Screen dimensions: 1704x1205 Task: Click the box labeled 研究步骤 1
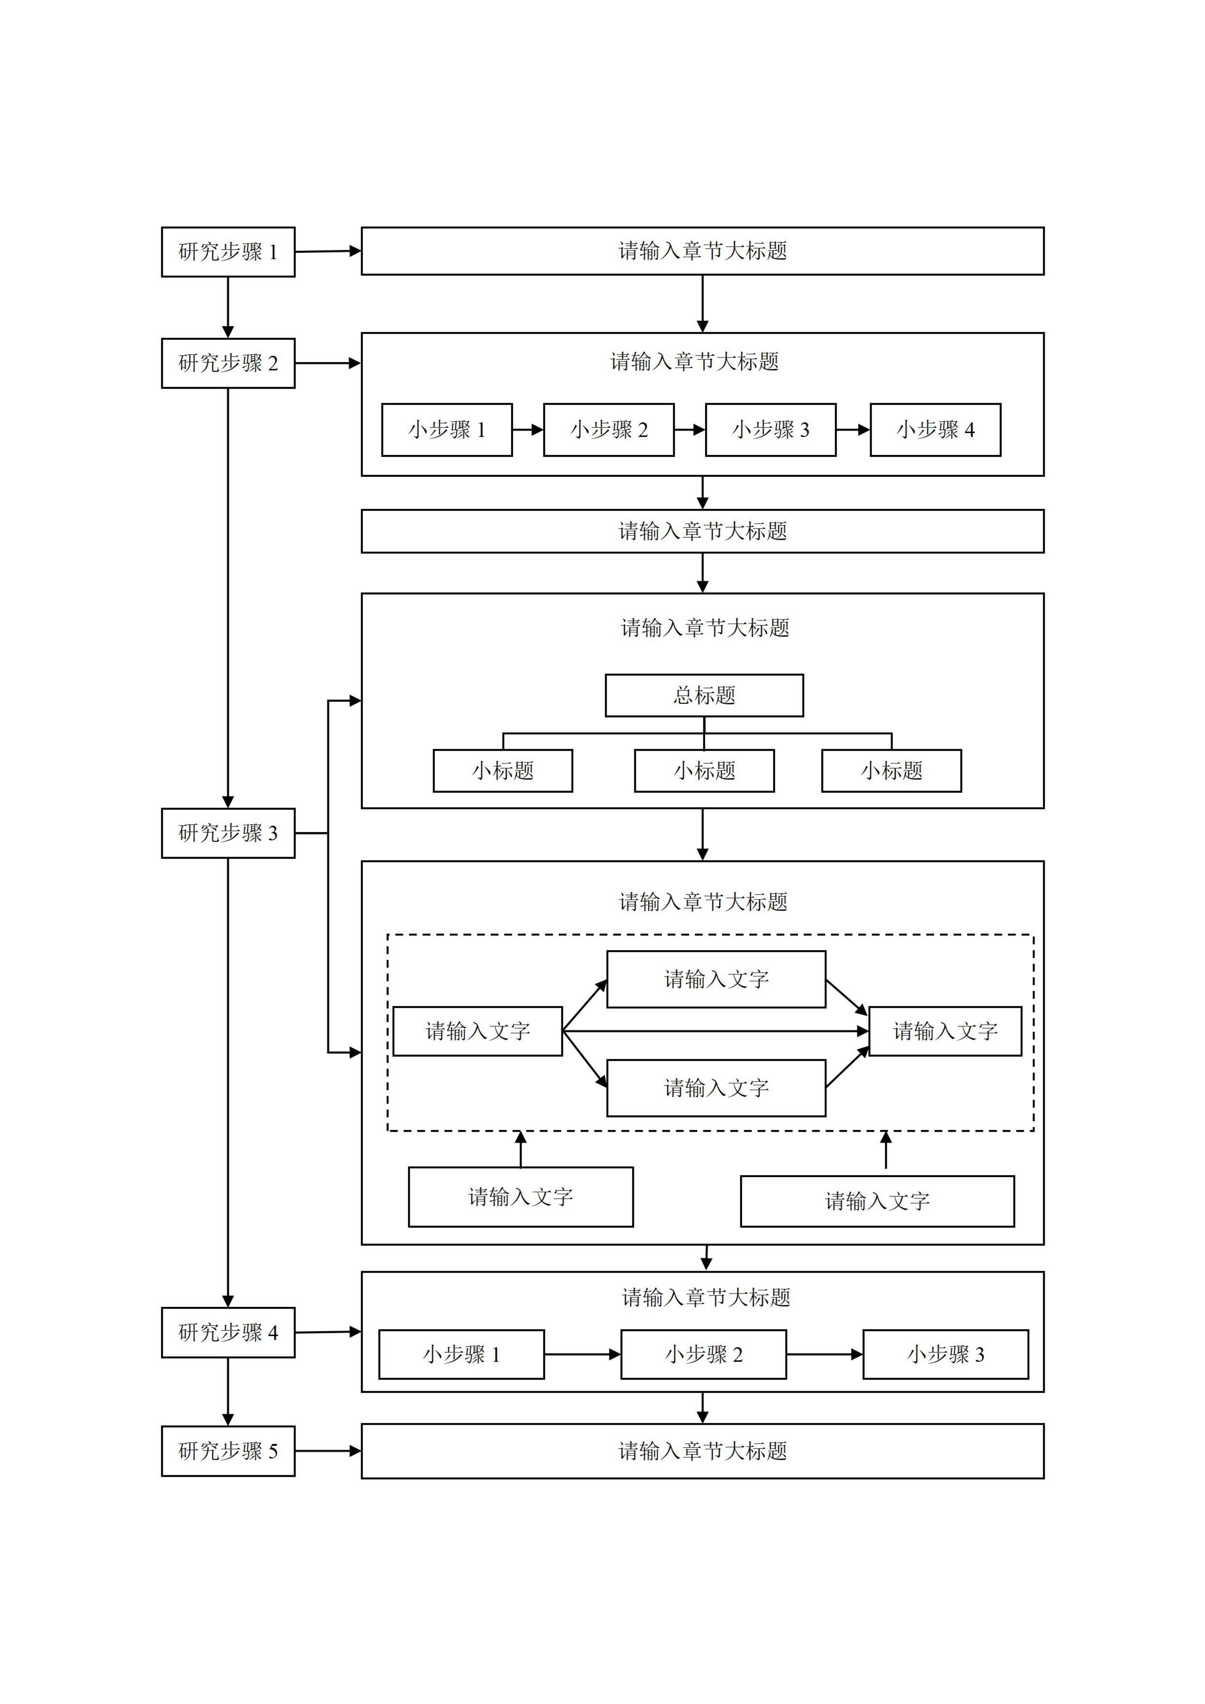pyautogui.click(x=228, y=251)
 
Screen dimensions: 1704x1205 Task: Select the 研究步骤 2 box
pyautogui.click(x=228, y=363)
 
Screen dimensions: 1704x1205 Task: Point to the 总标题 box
pyautogui.click(x=704, y=696)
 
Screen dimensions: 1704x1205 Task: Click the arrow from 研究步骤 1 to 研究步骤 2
pyautogui.click(x=228, y=307)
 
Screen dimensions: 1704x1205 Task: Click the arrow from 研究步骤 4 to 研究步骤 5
pyautogui.click(x=228, y=1392)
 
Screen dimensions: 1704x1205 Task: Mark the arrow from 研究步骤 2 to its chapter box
pyautogui.click(x=327, y=363)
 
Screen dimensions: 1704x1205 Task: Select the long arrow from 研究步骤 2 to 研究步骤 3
pyautogui.click(x=228, y=597)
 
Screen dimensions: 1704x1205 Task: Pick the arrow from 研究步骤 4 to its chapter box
pyautogui.click(x=327, y=1332)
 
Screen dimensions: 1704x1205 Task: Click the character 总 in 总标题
pyautogui.click(x=683, y=696)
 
